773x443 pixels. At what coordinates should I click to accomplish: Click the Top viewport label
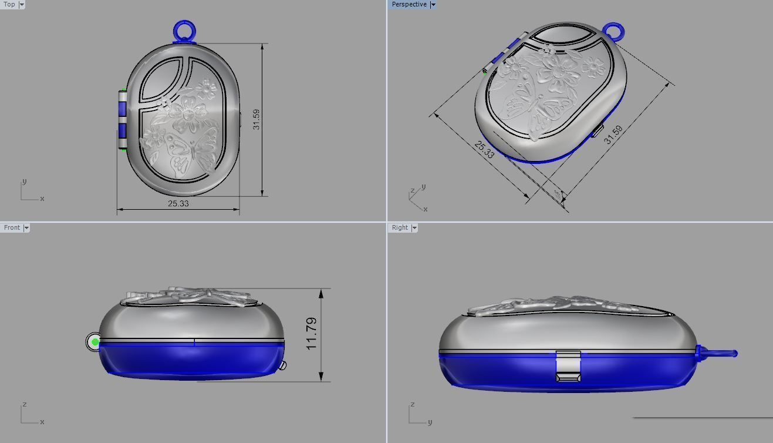pos(9,4)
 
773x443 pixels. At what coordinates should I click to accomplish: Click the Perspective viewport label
pos(409,4)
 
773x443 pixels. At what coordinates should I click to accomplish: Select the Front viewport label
pos(12,227)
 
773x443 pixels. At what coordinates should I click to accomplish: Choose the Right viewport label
pos(400,227)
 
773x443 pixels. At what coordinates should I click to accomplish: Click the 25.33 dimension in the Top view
pos(178,203)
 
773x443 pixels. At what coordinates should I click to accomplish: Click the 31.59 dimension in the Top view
pos(256,119)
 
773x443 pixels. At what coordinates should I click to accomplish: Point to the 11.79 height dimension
pos(312,334)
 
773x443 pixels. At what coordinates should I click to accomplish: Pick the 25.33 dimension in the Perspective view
pos(484,149)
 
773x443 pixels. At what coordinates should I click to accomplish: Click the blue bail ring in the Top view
pos(184,30)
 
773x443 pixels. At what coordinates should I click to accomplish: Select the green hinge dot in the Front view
pos(95,342)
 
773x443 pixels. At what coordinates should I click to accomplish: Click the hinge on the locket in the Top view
pos(122,120)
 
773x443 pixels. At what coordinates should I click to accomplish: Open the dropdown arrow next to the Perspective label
pos(433,4)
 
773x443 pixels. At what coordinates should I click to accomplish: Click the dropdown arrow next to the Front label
pos(26,227)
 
